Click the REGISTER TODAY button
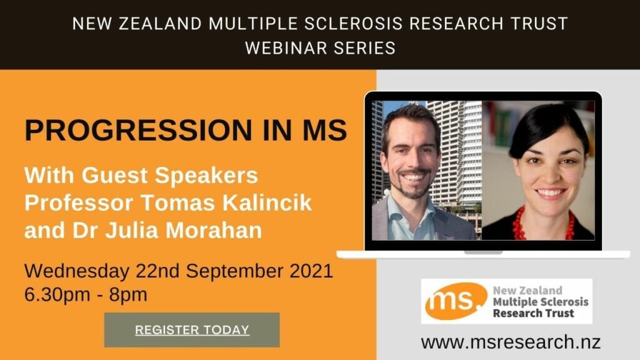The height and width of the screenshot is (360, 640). [x=192, y=330]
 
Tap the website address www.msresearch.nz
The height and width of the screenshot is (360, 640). [x=511, y=342]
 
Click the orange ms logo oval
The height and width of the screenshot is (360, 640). [x=456, y=301]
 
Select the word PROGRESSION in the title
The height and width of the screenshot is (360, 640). [x=139, y=130]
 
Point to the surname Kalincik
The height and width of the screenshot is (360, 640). [x=267, y=203]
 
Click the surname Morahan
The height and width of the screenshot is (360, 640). [x=214, y=230]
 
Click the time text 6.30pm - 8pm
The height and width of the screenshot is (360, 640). [x=86, y=295]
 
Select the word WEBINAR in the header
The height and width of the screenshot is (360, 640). [x=286, y=48]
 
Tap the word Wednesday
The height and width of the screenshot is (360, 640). [x=77, y=271]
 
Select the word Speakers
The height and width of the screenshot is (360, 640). [x=206, y=176]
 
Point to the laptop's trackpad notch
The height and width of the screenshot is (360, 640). [x=483, y=252]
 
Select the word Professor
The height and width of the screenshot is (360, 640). [x=79, y=203]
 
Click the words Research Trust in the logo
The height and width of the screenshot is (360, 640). [x=534, y=314]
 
